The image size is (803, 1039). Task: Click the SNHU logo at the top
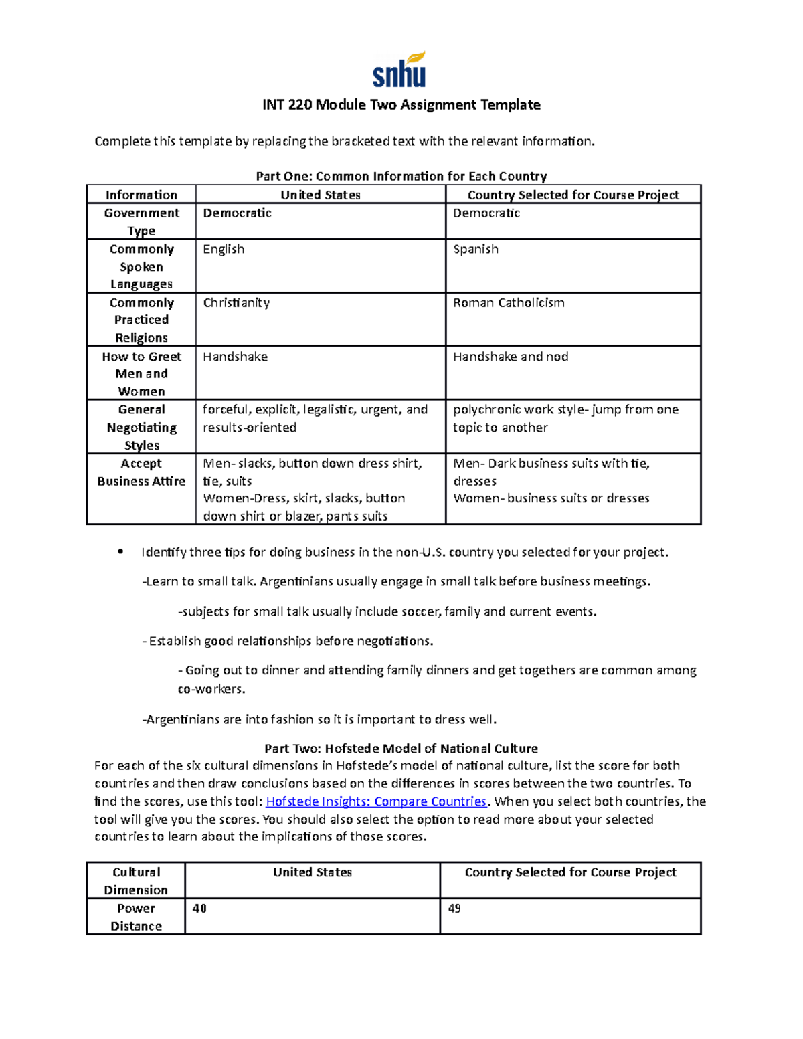pos(399,70)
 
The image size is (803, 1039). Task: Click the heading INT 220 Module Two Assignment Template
pos(401,105)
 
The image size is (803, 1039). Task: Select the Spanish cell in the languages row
pos(476,249)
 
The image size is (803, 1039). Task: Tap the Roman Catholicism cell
pos(509,303)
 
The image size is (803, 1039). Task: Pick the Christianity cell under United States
pos(236,303)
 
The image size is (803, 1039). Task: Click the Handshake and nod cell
pos(511,357)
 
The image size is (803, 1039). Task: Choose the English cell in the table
pos(224,249)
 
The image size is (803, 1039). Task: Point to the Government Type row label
pos(141,221)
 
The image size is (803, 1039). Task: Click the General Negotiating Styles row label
pos(141,427)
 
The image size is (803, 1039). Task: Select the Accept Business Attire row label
pos(141,472)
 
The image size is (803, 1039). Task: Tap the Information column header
pos(141,195)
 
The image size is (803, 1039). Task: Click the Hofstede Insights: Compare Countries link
pos(376,801)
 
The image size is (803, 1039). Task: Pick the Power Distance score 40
pos(199,909)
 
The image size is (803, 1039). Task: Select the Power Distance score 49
pos(454,909)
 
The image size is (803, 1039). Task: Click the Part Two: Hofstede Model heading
pos(401,749)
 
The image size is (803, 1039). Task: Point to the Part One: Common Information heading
pos(401,176)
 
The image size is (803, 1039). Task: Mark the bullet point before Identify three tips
pos(120,552)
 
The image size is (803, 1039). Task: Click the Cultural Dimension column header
pos(136,880)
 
